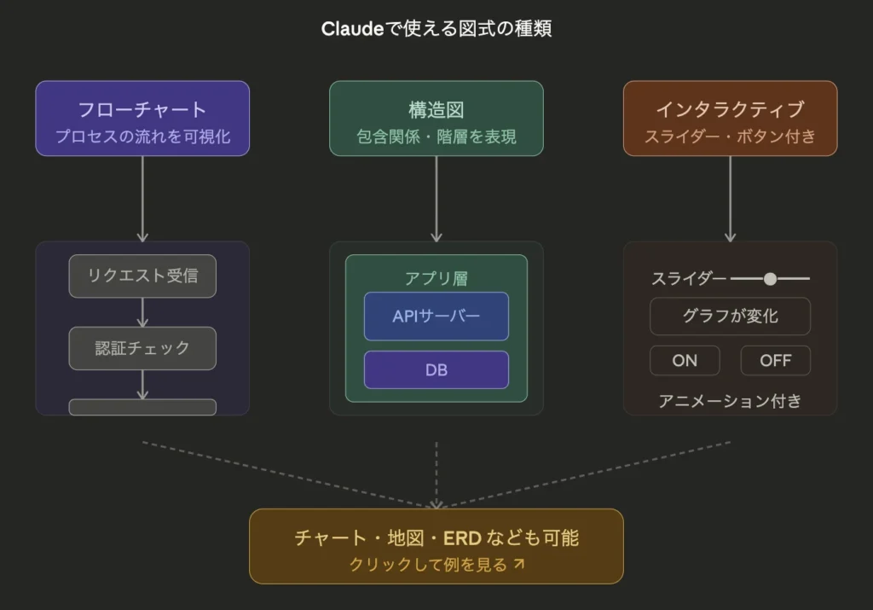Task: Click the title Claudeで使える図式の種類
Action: click(436, 29)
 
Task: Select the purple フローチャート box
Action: click(142, 119)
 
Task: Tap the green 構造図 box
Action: click(436, 119)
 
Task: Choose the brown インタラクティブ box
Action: click(730, 119)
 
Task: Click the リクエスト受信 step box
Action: click(142, 276)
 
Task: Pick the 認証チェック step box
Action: click(142, 348)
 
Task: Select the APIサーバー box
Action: click(436, 317)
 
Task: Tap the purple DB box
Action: click(436, 370)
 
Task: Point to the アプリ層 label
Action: click(436, 278)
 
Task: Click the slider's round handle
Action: click(770, 278)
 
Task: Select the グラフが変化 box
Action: click(730, 317)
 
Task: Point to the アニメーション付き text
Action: click(730, 400)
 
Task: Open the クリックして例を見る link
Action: click(436, 564)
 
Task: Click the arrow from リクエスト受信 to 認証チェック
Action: click(142, 312)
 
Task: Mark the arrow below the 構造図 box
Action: click(436, 199)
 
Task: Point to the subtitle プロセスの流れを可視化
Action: click(142, 137)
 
